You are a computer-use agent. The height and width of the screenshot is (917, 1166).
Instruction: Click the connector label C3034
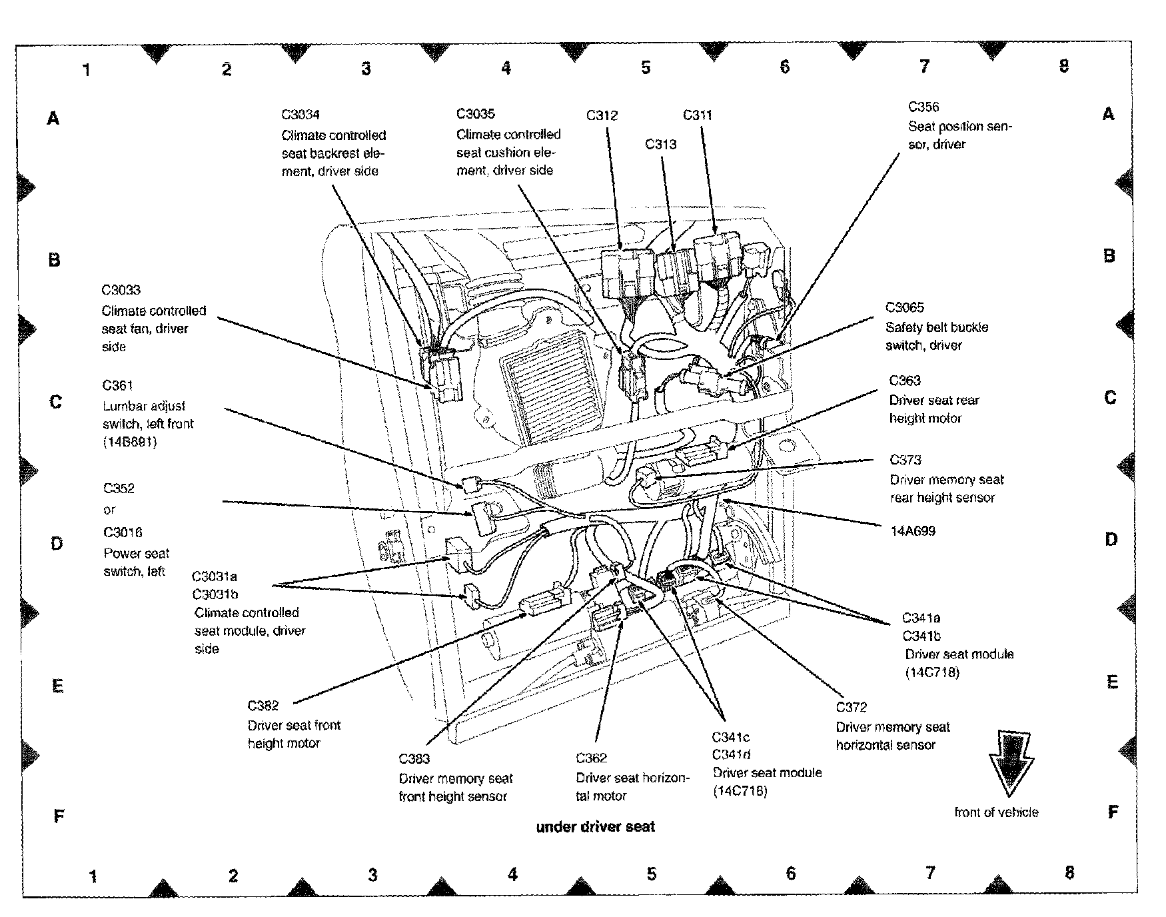pos(300,115)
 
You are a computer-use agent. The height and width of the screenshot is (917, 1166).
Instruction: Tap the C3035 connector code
pos(476,114)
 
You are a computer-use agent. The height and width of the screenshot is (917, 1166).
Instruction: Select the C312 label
pos(602,115)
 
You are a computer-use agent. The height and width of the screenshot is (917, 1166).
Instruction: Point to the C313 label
pos(660,144)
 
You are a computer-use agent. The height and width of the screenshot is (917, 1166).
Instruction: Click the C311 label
pos(698,115)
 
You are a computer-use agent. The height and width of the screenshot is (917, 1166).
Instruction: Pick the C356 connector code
pos(923,107)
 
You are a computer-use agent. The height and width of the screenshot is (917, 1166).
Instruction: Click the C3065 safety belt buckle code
pos(905,307)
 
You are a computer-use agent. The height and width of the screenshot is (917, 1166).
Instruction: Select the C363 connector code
pos(905,381)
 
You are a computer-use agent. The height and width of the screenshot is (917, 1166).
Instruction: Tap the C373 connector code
pos(905,460)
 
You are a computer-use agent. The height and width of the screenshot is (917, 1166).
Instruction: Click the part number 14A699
pos(913,531)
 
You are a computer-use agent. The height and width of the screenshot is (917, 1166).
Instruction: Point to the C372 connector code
pos(852,707)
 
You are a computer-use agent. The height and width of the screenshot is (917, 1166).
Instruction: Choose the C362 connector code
pos(592,758)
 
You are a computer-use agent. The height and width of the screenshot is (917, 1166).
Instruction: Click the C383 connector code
pos(414,758)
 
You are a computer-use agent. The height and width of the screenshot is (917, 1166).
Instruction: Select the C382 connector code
pos(263,706)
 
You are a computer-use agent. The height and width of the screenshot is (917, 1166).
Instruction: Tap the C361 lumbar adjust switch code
pos(118,385)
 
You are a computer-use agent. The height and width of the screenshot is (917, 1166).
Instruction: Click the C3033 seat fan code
pos(121,290)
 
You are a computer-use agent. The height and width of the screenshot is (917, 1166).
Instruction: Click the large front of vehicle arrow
pos(1011,762)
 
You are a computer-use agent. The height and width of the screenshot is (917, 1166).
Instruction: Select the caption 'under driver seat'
pos(596,827)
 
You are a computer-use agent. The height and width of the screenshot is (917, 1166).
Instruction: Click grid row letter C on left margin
pos(56,402)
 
